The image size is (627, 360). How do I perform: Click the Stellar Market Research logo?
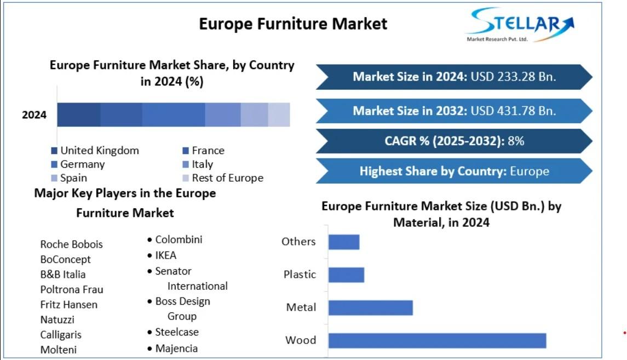tap(520, 25)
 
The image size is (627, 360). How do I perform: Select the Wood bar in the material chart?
tap(438, 340)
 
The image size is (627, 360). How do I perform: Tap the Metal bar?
tap(371, 307)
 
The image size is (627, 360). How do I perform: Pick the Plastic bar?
tap(346, 275)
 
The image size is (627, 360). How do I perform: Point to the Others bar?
tap(344, 242)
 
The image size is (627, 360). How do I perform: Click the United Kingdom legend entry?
tap(95, 150)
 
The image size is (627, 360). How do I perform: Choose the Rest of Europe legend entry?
tap(223, 178)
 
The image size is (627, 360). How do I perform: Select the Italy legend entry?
tap(198, 164)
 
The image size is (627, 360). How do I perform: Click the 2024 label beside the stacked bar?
tap(34, 115)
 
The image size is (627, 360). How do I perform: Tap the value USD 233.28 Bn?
tap(513, 76)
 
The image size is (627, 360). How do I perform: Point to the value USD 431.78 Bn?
tap(513, 111)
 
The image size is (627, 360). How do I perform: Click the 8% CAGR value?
tap(516, 141)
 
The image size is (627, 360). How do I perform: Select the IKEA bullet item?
tap(162, 255)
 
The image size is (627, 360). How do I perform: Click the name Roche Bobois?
tap(72, 244)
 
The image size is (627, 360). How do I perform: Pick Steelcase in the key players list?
tap(173, 332)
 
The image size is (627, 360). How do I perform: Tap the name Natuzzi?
tap(57, 319)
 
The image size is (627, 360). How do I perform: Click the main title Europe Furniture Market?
tap(293, 24)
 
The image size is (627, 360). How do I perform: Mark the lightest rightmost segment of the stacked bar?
tap(279, 115)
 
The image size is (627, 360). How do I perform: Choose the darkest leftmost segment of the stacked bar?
tap(79, 115)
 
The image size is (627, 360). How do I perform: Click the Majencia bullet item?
tap(172, 348)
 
